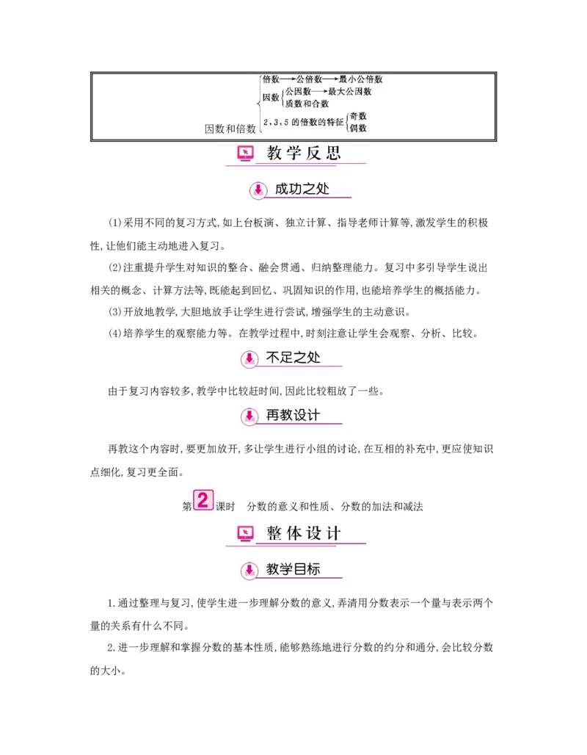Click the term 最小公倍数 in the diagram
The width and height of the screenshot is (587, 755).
[361, 79]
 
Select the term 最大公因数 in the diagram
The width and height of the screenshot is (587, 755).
[349, 92]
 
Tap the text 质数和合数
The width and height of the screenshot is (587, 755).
[307, 104]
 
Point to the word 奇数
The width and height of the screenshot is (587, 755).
[358, 116]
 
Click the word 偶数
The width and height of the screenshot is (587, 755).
[358, 128]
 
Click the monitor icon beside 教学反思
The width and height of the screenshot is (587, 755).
[245, 154]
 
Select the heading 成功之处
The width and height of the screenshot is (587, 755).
[302, 189]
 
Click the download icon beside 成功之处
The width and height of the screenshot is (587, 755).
[258, 190]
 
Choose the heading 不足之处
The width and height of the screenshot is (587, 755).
[293, 358]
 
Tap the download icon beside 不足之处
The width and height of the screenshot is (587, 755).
[249, 359]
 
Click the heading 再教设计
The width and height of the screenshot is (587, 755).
[293, 415]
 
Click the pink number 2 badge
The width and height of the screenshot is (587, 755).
[203, 501]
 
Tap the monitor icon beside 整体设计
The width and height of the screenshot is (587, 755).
[245, 534]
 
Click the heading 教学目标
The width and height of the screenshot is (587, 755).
[293, 568]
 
